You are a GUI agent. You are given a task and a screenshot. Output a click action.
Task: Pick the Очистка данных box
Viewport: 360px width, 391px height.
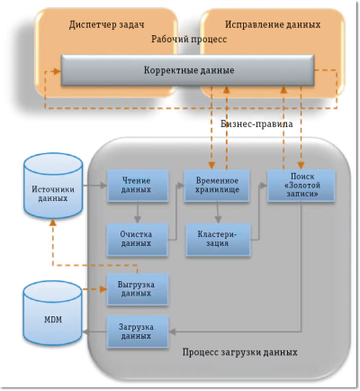tap(137, 239)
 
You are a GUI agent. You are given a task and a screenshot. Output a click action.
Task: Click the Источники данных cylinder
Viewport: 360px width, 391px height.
tap(52, 191)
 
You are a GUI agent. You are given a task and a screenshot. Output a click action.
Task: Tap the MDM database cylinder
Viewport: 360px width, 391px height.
tap(51, 315)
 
